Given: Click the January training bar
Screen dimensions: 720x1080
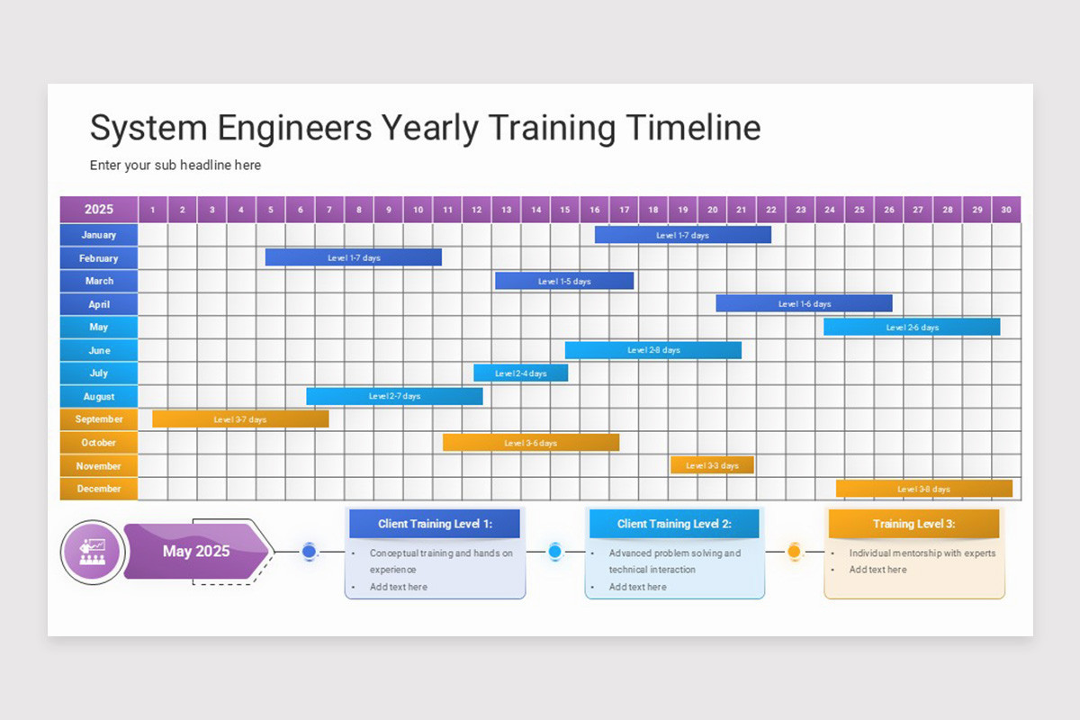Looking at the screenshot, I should pyautogui.click(x=682, y=235).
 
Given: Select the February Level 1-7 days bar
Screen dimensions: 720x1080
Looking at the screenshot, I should pyautogui.click(x=354, y=257).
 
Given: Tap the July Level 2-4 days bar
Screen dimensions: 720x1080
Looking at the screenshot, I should pyautogui.click(x=520, y=373).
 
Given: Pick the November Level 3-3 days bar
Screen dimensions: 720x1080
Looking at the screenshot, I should pyautogui.click(x=712, y=465).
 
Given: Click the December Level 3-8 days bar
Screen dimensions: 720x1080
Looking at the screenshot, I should pyautogui.click(x=923, y=489).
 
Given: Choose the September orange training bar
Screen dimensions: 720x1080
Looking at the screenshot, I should pyautogui.click(x=240, y=419).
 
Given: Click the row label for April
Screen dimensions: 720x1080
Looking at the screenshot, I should pyautogui.click(x=99, y=304).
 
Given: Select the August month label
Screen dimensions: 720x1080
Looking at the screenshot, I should pyautogui.click(x=99, y=396).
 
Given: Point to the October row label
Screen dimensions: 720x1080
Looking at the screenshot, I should pyautogui.click(x=99, y=442).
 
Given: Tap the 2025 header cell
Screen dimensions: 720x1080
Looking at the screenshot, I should pyautogui.click(x=99, y=210).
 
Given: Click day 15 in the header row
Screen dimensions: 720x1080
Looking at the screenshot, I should pyautogui.click(x=564, y=210).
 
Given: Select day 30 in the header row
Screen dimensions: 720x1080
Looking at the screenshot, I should pyautogui.click(x=1006, y=210).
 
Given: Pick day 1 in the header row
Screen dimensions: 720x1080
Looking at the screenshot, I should pyautogui.click(x=153, y=210).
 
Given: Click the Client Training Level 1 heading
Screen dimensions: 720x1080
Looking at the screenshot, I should pyautogui.click(x=435, y=524).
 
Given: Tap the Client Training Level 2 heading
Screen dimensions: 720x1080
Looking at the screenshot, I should pyautogui.click(x=674, y=524).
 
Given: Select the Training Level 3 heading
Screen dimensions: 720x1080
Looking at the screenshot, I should pyautogui.click(x=913, y=524).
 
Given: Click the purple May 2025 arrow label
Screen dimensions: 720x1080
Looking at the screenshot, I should pyautogui.click(x=196, y=551).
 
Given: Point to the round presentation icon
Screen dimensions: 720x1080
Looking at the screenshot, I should pyautogui.click(x=92, y=551).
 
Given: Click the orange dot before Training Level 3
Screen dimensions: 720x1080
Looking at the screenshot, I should pyautogui.click(x=794, y=551).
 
